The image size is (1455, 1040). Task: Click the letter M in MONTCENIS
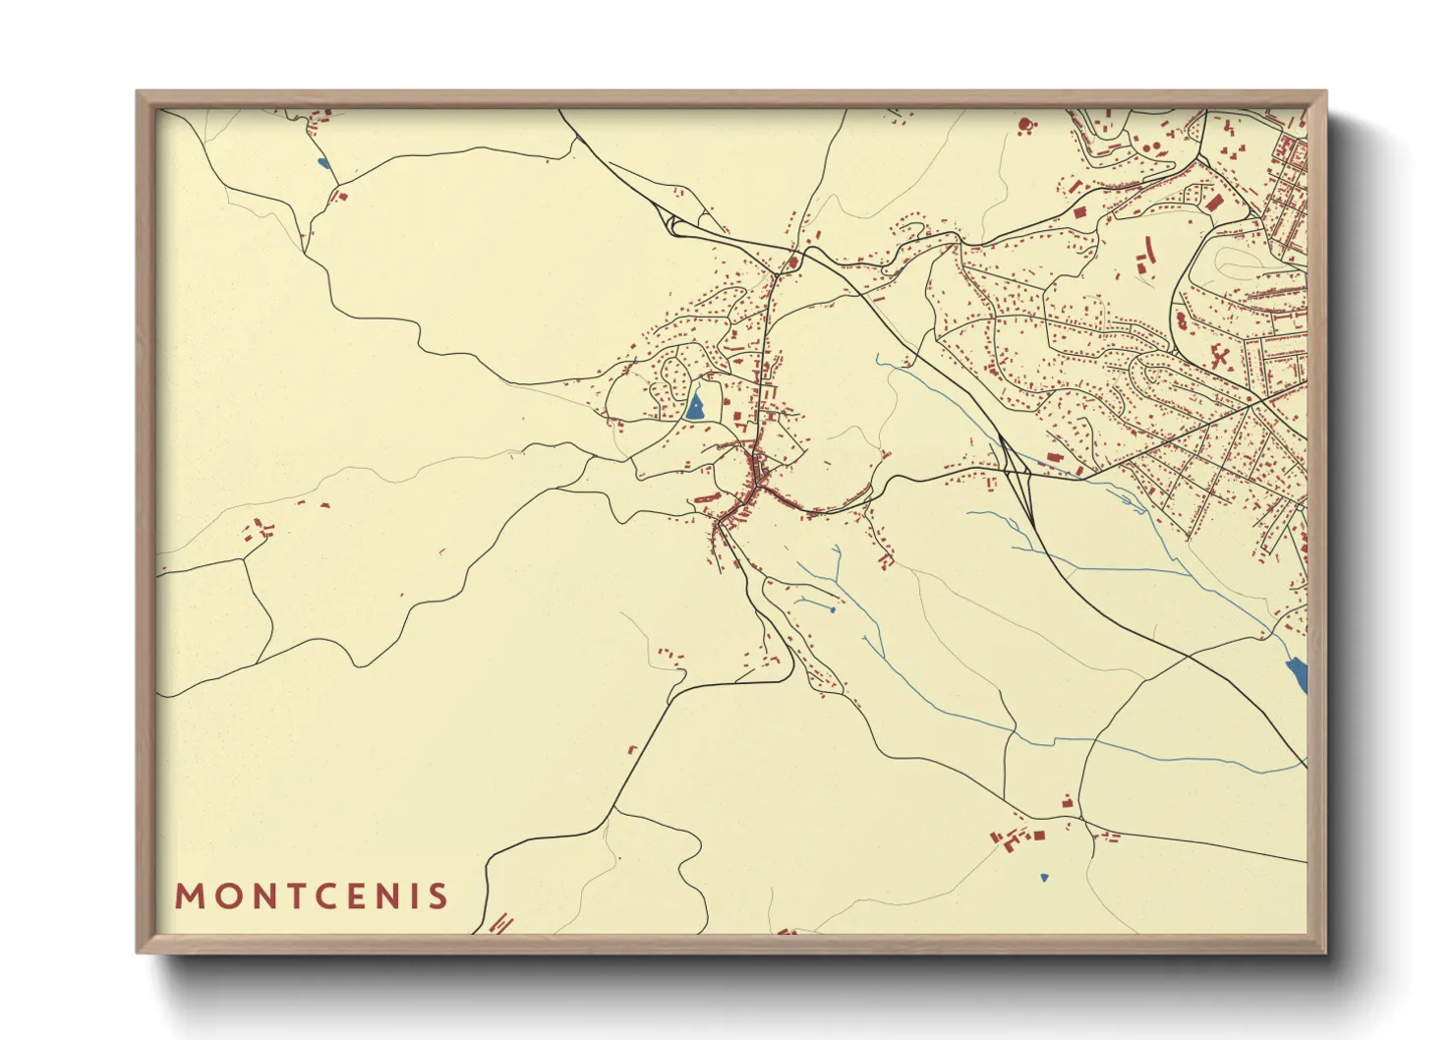187,896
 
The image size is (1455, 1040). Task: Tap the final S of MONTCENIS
439,896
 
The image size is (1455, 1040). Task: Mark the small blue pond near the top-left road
322,162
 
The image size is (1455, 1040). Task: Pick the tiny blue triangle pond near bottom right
1044,877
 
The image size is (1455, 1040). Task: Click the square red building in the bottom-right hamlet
1038,836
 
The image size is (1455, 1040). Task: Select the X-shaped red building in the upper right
1220,356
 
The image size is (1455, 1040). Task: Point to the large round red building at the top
1024,125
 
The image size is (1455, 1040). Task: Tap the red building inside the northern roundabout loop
792,262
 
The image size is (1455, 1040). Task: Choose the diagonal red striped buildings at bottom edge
501,923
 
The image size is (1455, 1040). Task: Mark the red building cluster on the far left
258,530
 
